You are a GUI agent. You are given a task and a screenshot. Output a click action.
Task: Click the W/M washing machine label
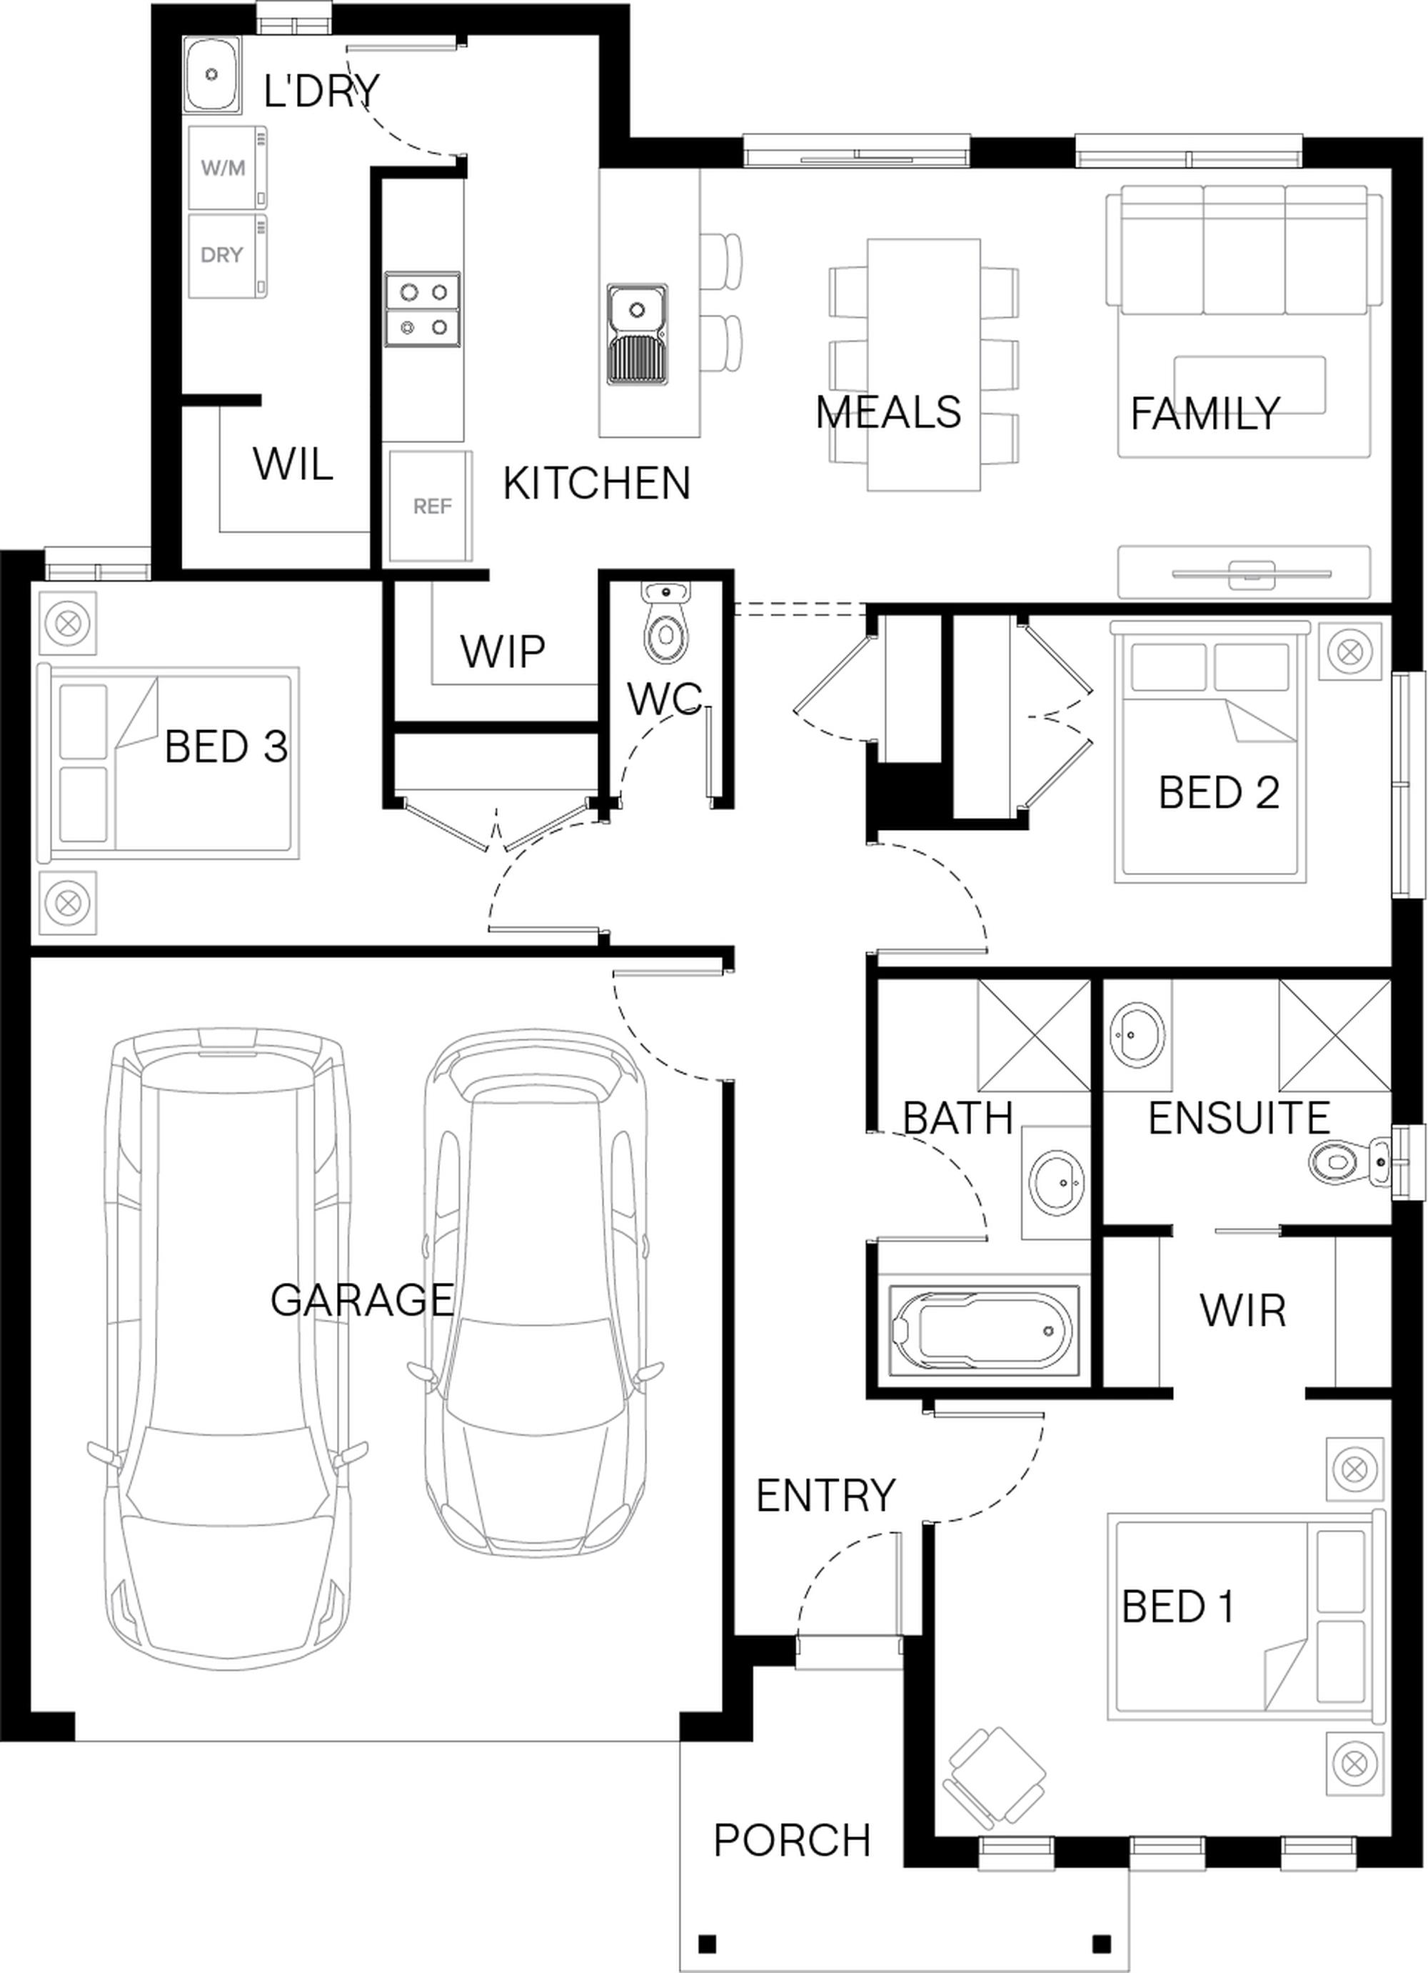[x=223, y=168]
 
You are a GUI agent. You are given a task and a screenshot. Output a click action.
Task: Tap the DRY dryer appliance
[x=228, y=256]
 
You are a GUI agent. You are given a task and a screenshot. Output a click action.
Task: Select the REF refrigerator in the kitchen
[x=431, y=506]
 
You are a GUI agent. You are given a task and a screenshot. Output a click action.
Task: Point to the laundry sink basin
[x=211, y=75]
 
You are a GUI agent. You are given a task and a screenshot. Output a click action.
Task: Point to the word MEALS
[x=889, y=411]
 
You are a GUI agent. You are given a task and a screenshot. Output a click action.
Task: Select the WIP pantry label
[x=503, y=651]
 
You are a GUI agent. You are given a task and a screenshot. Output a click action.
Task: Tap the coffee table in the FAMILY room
[x=1249, y=384]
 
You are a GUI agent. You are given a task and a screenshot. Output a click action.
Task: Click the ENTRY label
[x=825, y=1495]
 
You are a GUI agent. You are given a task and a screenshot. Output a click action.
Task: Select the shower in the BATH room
[x=1033, y=1035]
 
